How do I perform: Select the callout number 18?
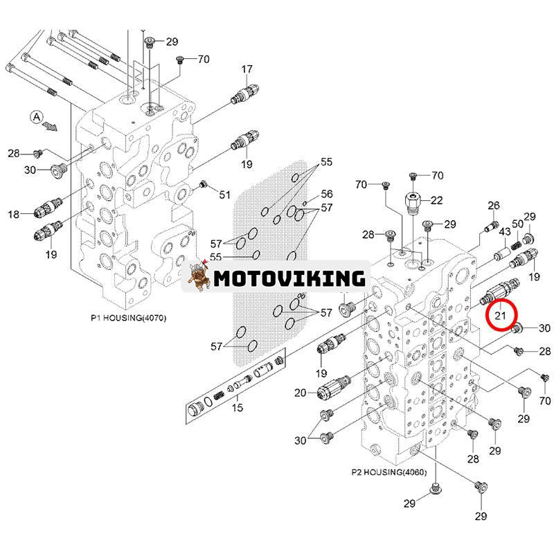click(14, 215)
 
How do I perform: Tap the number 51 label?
click(225, 195)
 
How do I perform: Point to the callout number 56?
click(326, 194)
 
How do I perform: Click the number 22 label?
click(436, 201)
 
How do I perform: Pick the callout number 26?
click(494, 205)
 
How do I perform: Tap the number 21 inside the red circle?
click(500, 316)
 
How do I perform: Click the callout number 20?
click(301, 393)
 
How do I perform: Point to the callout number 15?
click(238, 408)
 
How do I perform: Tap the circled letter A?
click(35, 117)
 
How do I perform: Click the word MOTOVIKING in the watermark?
click(289, 278)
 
